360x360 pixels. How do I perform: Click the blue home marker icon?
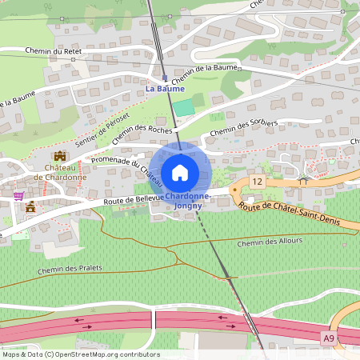coord(180,172)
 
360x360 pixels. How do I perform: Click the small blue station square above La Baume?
coord(165,78)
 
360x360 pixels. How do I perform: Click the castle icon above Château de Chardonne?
coord(59,156)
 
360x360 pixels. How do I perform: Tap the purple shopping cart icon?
coord(18,194)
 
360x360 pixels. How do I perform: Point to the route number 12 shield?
coord(256,182)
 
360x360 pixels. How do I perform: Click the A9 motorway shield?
coord(329,338)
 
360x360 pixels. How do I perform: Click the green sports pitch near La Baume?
coord(183,106)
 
